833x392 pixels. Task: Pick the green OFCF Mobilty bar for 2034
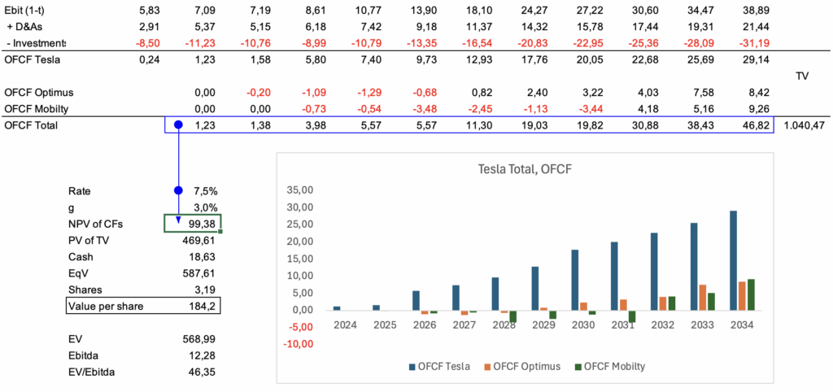[749, 294]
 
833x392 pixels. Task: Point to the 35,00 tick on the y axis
[300, 189]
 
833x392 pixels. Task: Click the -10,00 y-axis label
[297, 344]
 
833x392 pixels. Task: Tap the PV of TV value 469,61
[200, 240]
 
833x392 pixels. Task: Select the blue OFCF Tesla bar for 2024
[337, 308]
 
